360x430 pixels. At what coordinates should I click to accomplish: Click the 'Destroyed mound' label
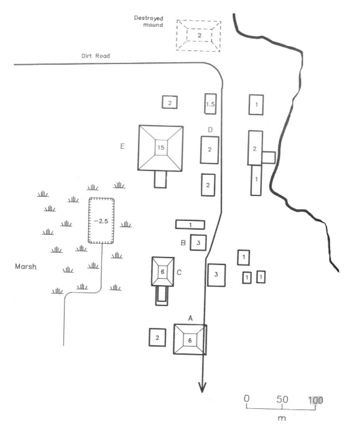click(149, 21)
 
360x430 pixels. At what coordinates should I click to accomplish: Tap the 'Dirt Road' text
click(96, 56)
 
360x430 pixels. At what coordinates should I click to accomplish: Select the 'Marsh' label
click(25, 266)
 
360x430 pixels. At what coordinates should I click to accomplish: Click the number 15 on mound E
click(161, 147)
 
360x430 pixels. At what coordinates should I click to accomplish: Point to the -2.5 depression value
click(101, 221)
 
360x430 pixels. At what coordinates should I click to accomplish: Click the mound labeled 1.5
click(210, 104)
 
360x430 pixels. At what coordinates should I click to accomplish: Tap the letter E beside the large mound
click(122, 146)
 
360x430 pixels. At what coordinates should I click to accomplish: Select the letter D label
click(210, 129)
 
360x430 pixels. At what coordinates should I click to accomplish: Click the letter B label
click(183, 243)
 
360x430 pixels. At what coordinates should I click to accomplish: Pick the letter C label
click(179, 273)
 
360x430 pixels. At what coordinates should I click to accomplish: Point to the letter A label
click(191, 318)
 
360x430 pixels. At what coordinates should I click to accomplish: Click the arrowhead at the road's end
click(202, 388)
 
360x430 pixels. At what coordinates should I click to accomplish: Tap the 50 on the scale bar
click(282, 400)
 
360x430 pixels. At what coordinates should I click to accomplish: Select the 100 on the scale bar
click(316, 400)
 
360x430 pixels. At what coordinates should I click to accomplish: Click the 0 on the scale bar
click(247, 398)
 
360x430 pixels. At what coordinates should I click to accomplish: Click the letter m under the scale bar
click(282, 418)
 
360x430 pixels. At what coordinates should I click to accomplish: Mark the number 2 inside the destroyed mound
click(200, 35)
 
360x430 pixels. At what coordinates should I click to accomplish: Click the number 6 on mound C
click(162, 271)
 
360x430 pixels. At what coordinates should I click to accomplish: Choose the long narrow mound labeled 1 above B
click(190, 225)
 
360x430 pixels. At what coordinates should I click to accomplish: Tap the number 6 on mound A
click(190, 340)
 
